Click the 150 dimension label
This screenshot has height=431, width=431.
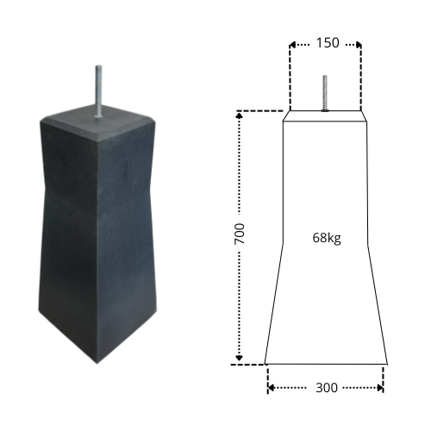pos(328,43)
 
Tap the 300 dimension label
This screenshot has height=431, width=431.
pos(327,388)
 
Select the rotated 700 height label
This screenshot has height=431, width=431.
pos(240,234)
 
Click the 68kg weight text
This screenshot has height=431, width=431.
pos(327,238)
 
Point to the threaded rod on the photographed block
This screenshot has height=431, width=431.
pos(98,91)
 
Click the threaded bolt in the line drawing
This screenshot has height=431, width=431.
pos(325,93)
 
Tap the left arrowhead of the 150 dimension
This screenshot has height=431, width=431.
pos(292,45)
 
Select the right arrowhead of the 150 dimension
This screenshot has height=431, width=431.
pos(359,45)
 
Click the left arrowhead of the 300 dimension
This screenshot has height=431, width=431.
pos(271,388)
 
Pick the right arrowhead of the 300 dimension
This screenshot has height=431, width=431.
pos(380,388)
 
